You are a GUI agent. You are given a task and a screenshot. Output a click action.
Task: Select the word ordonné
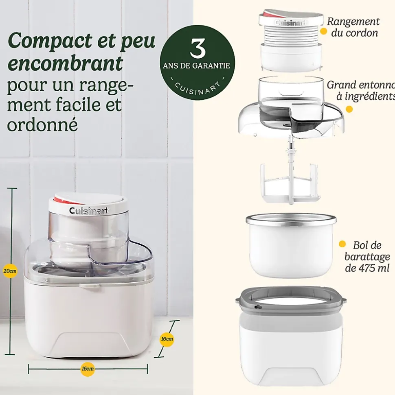(42, 124)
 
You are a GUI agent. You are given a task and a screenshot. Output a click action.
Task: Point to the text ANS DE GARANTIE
(197, 65)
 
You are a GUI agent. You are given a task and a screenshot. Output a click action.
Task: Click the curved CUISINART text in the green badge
(197, 86)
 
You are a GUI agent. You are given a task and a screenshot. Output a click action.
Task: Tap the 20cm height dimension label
(10, 271)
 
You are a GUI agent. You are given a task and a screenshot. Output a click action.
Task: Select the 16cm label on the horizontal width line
(88, 369)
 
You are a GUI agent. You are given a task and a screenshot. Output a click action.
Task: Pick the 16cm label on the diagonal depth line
(167, 338)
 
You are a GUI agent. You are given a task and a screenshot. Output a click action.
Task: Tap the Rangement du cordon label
(353, 27)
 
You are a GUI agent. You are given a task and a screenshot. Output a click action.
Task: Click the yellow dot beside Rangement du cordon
(323, 31)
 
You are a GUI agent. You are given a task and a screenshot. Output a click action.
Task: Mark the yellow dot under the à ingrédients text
(349, 109)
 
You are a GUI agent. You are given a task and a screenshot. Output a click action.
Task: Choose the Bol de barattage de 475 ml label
(366, 256)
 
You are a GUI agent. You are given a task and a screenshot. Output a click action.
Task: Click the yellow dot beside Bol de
(342, 244)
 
